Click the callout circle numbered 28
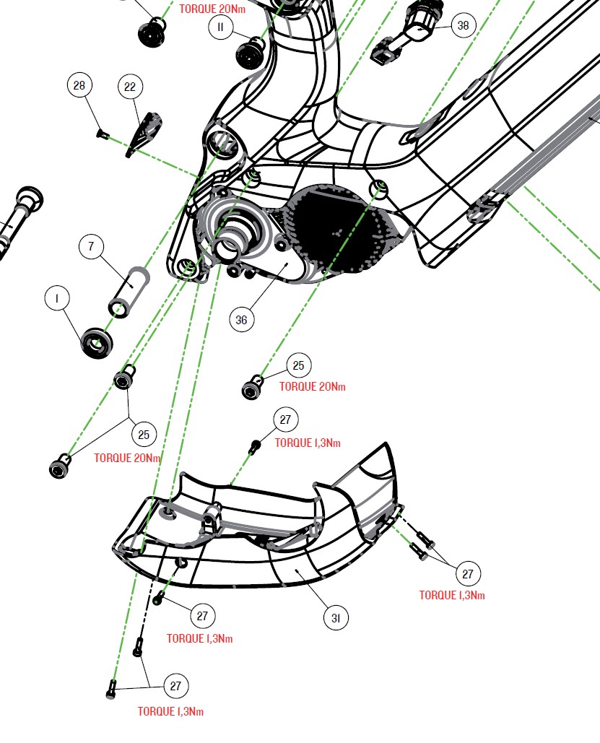coord(79,85)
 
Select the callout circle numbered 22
coord(130,87)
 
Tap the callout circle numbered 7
coord(91,247)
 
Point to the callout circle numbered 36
coord(242,319)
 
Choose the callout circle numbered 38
coord(463,26)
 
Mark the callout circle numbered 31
coord(336,618)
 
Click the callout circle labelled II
coord(221,28)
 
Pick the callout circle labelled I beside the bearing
coord(57,297)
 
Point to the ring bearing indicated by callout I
coord(95,341)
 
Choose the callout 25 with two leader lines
coord(144,434)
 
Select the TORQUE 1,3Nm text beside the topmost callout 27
coord(308,443)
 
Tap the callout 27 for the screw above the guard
coord(285,420)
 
